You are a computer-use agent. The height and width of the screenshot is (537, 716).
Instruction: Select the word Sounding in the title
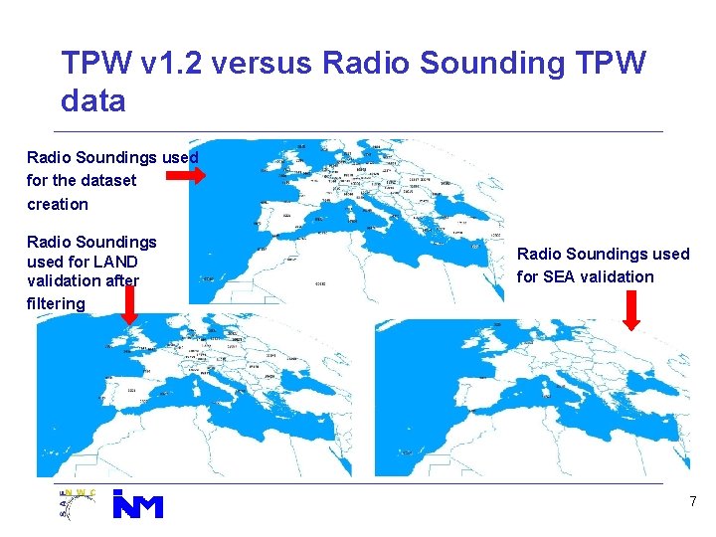point(485,65)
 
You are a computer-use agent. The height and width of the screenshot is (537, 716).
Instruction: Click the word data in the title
point(92,100)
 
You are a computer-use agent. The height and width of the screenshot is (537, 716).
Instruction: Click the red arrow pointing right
point(185,177)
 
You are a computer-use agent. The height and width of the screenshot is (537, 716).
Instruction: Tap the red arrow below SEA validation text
point(631,309)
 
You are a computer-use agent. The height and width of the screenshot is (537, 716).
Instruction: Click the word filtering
point(56,302)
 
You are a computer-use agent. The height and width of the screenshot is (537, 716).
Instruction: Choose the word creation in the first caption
point(57,204)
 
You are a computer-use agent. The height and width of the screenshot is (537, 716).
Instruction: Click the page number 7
point(693,502)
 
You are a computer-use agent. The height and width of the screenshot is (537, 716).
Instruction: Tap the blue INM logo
point(137,503)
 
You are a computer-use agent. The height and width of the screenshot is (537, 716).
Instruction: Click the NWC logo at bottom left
point(79,503)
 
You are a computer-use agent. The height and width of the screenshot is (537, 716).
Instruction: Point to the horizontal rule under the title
point(358,131)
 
